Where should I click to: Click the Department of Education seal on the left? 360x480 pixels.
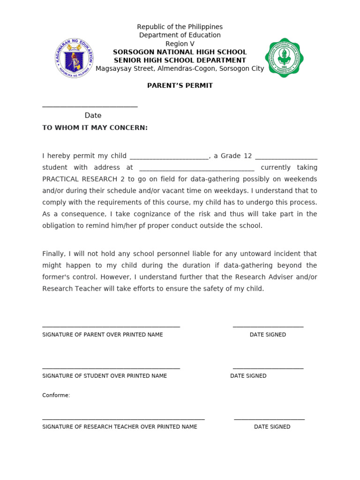tap(74, 58)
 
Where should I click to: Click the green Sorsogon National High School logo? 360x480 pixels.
tap(284, 58)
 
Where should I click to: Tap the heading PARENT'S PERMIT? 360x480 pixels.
tap(180, 85)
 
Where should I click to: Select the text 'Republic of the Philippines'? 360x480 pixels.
tap(180, 27)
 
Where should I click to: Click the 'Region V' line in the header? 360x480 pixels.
tap(180, 44)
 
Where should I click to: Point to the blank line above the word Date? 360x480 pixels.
tap(90, 106)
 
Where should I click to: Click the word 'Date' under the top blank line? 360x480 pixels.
tap(93, 115)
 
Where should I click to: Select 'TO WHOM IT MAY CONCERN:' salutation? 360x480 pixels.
tap(95, 127)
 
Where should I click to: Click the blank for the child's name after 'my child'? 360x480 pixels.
tap(169, 157)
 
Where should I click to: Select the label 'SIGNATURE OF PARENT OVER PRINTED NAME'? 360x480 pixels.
tap(103, 335)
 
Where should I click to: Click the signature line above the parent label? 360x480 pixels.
tap(111, 326)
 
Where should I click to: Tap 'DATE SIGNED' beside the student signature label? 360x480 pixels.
tap(248, 376)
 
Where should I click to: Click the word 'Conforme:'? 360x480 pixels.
tap(56, 395)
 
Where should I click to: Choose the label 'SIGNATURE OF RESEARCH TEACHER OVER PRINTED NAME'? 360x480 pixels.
tap(120, 427)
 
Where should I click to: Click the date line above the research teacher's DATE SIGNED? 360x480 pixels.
tap(269, 419)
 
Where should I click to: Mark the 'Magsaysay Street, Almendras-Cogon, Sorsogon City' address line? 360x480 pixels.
tap(180, 68)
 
